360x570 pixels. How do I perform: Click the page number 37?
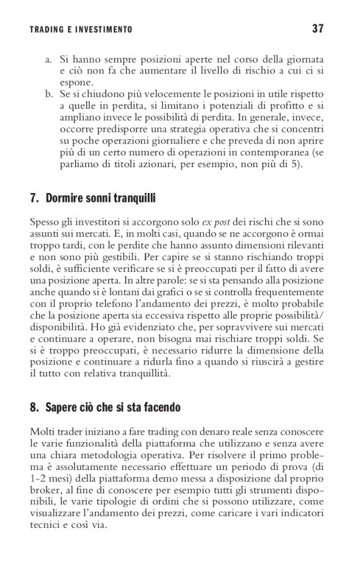[x=320, y=29]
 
